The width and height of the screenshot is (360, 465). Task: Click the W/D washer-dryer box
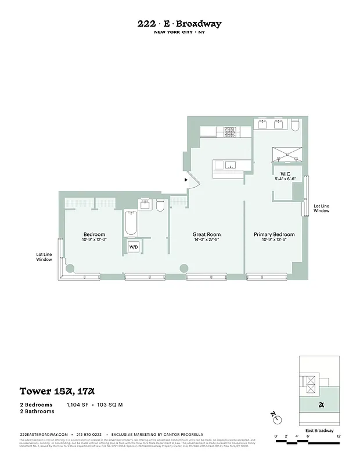134,247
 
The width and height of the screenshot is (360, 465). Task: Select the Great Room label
207,235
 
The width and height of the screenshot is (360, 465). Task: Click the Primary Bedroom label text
274,235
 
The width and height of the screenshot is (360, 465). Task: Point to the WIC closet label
285,174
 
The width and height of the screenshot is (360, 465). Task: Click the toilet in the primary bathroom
294,125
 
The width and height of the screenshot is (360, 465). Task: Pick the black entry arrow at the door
186,180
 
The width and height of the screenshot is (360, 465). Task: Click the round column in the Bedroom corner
70,269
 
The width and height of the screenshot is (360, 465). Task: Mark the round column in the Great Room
184,269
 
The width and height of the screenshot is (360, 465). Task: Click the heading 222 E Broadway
179,24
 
